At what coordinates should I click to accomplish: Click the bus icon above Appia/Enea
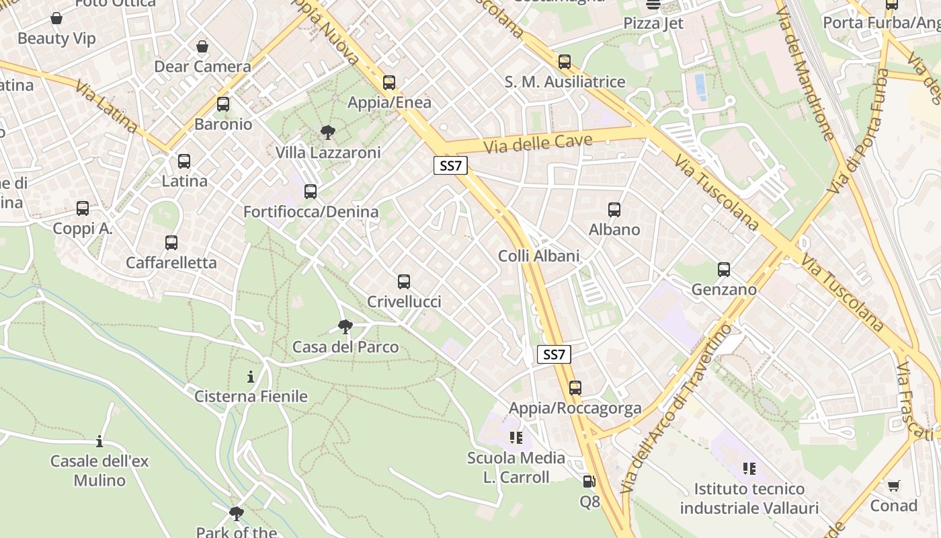[389, 83]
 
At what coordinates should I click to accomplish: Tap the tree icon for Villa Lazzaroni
[328, 132]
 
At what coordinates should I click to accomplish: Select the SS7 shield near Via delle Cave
[450, 166]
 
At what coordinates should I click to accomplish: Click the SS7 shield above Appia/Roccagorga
[554, 354]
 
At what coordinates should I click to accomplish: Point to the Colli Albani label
[538, 256]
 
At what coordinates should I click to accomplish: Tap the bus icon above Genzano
[724, 270]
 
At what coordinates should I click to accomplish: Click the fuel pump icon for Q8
[589, 482]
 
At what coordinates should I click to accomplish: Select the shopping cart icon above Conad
[893, 486]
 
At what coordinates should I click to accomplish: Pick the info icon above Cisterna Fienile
[251, 377]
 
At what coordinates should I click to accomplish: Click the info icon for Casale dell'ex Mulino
[99, 442]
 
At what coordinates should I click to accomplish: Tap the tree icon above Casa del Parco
[345, 327]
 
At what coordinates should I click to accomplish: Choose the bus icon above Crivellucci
[404, 282]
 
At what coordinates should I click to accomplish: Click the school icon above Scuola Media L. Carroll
[516, 438]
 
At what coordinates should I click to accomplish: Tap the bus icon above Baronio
[223, 104]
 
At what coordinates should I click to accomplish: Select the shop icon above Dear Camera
[202, 46]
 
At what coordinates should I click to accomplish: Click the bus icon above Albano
[614, 210]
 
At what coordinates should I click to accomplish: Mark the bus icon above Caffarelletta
[171, 243]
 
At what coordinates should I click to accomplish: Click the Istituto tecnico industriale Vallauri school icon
[749, 469]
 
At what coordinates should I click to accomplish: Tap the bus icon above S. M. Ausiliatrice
[565, 62]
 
